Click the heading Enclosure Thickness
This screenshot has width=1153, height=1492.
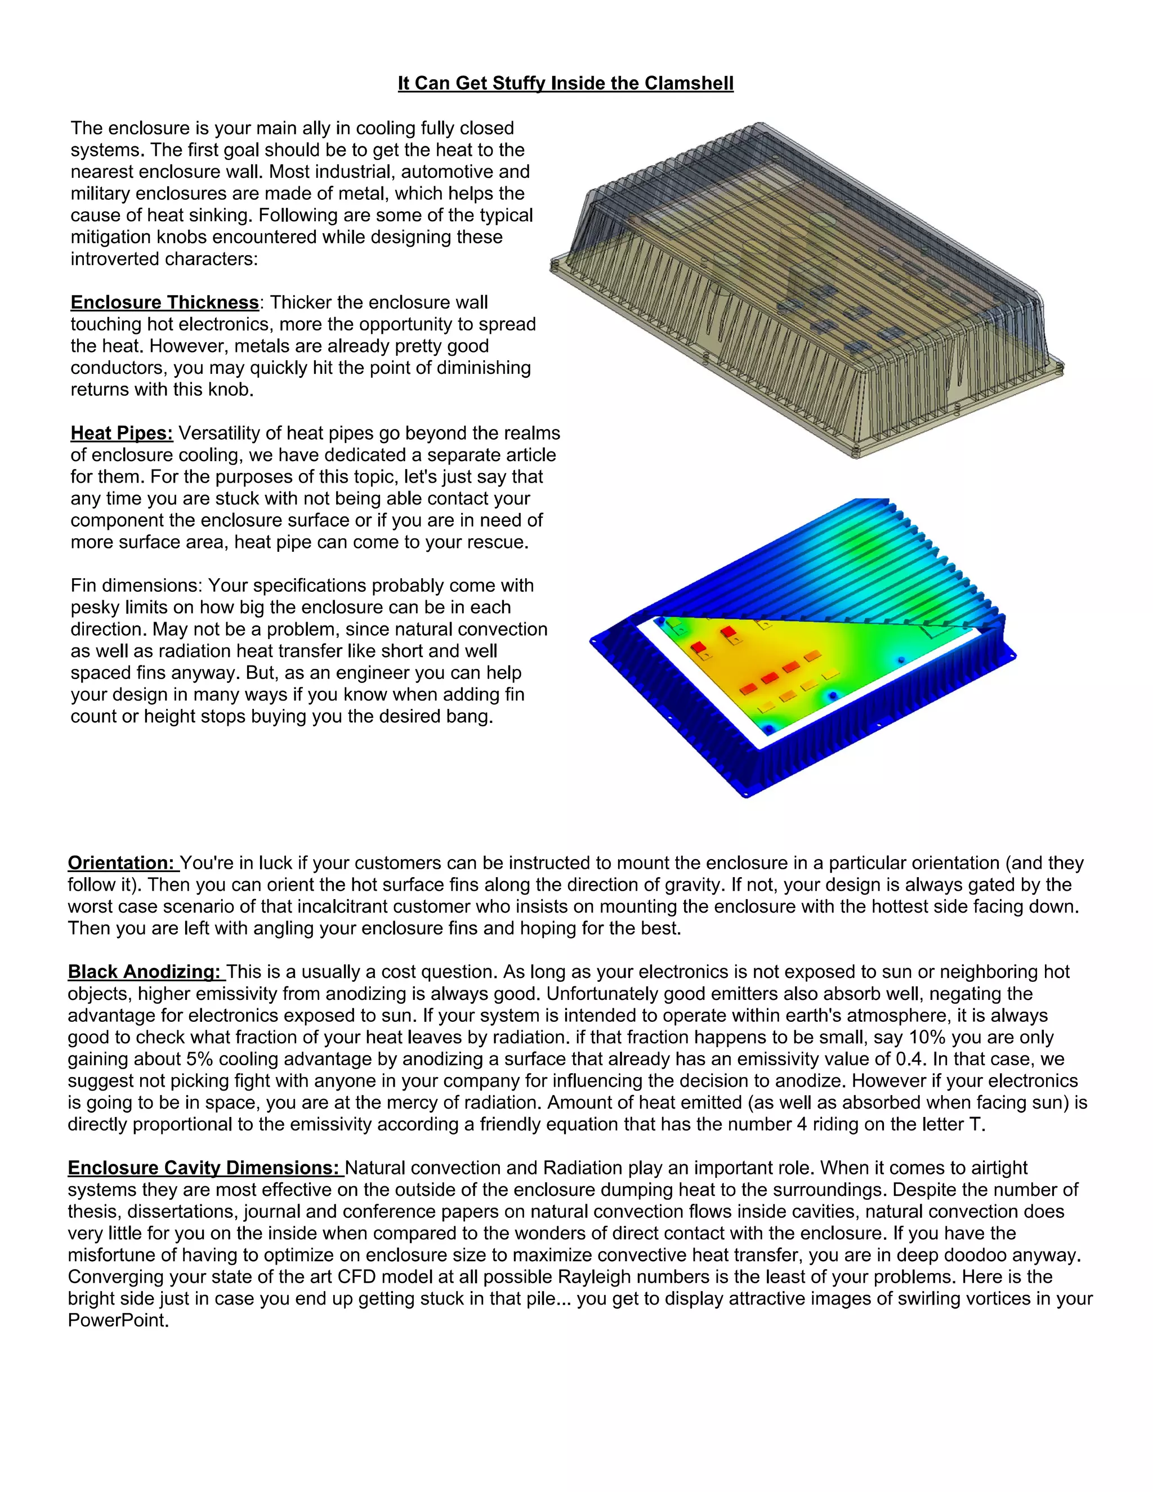coord(164,303)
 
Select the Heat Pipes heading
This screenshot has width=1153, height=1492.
coord(122,433)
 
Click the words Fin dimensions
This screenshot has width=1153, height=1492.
coord(136,586)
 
